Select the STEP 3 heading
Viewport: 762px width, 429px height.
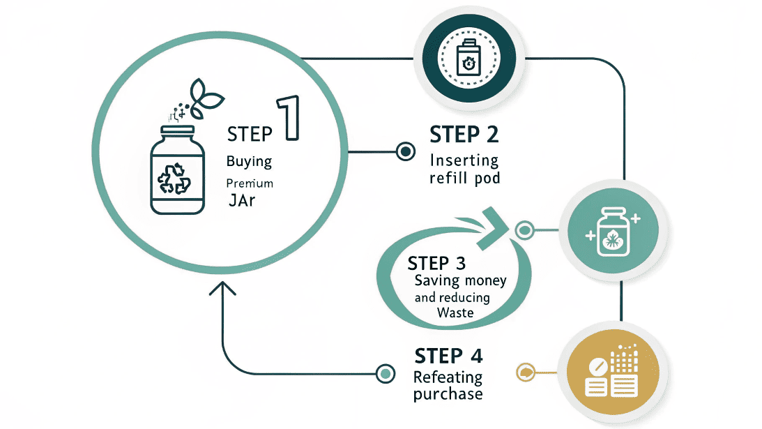click(436, 263)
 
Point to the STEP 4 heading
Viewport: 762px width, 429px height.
click(448, 355)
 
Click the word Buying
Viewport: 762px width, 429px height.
click(249, 161)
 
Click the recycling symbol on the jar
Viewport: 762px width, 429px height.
click(174, 178)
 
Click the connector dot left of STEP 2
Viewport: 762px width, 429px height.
click(405, 151)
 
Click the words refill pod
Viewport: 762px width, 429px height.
click(465, 178)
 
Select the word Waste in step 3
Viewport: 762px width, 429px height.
click(455, 313)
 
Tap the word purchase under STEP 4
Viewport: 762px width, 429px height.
click(448, 394)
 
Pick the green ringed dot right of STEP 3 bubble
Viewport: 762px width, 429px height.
click(524, 229)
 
